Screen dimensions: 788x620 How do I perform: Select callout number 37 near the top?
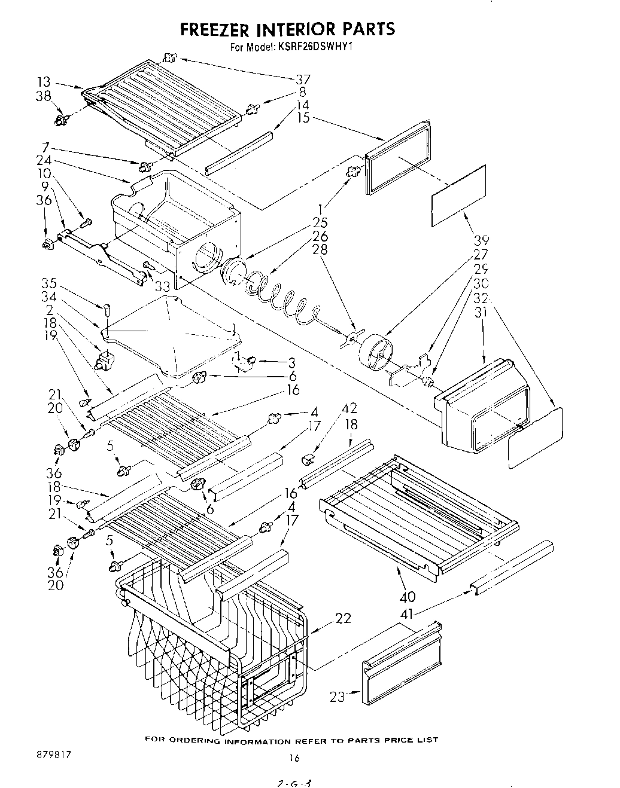tap(303, 80)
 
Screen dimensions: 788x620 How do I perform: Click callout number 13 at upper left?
tap(44, 82)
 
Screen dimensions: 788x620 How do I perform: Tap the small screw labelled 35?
tap(107, 310)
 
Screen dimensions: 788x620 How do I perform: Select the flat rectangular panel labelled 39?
tap(458, 196)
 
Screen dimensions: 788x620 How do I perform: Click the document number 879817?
tap(53, 755)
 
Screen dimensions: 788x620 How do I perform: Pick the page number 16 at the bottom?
tap(294, 758)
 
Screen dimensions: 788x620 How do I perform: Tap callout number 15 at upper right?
tap(303, 118)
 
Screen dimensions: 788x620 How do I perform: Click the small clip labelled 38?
tap(60, 121)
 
